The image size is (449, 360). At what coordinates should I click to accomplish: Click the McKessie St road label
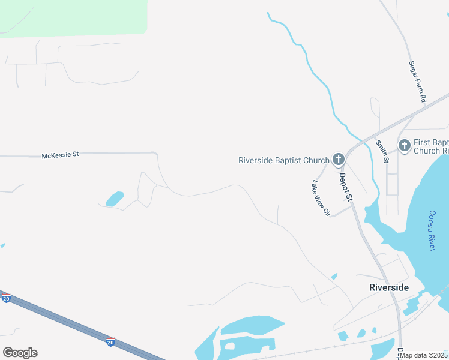coord(60,155)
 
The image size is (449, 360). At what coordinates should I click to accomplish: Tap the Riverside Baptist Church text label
coord(283,160)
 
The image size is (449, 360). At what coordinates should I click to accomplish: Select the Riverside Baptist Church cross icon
coord(339,160)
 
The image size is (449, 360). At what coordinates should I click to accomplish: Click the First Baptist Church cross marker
coord(405,145)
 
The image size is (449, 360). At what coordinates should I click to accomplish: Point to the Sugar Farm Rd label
coord(417,81)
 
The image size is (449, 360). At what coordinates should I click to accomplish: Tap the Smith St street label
coord(382,151)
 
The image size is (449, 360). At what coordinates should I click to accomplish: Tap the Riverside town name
coord(389,287)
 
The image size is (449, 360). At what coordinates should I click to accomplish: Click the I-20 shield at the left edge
coord(6,298)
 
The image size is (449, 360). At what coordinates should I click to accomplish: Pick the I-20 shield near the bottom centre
coord(110,341)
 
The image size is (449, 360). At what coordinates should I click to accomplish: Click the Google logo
coord(20,353)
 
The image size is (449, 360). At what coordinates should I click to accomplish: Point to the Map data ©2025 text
coord(423,355)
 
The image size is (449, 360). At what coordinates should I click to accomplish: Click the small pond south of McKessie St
coord(115,199)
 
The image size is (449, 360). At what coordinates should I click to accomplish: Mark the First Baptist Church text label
coord(431,146)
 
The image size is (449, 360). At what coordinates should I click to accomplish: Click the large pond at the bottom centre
coord(252,327)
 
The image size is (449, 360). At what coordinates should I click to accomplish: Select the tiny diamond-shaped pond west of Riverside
coord(334,277)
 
